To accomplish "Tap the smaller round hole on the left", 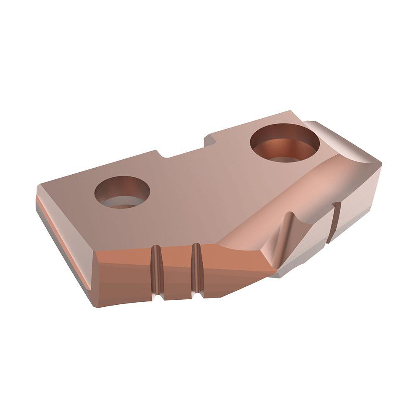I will pyautogui.click(x=122, y=192).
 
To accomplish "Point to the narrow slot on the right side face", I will pyautogui.click(x=334, y=222).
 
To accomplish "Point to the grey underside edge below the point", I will pyautogui.click(x=288, y=272).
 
